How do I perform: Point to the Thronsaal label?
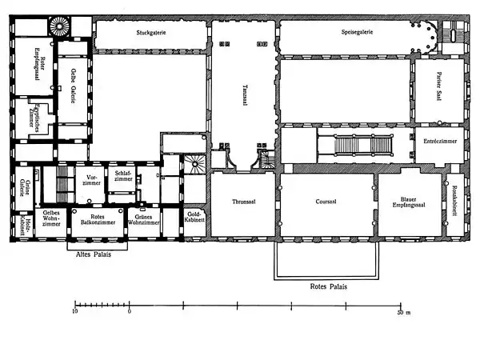(x=242, y=202)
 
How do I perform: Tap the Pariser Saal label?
(x=438, y=95)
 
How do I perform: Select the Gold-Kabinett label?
(x=197, y=217)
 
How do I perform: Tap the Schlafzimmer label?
(x=124, y=178)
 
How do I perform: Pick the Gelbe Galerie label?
(x=73, y=84)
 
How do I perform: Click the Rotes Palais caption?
(x=327, y=284)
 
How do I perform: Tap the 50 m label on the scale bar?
(x=405, y=313)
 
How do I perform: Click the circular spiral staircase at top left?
(x=62, y=26)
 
